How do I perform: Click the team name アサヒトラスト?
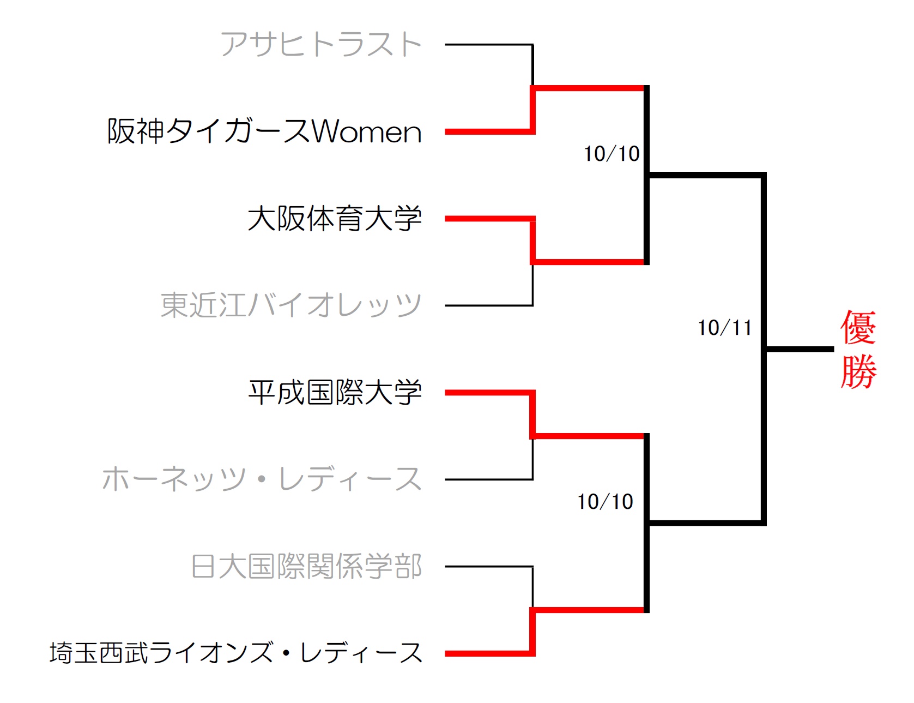[x=321, y=44]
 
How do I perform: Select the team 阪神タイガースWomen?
[x=264, y=131]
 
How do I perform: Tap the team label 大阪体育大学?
[x=335, y=218]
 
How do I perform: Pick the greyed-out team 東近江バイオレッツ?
[x=291, y=305]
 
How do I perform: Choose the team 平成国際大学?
[x=335, y=392]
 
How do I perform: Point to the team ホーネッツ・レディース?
[x=262, y=479]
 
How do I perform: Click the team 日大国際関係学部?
[x=306, y=566]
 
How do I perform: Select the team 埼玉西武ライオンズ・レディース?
[x=236, y=653]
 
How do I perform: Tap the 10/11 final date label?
[x=725, y=328]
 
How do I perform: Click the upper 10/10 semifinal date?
[x=612, y=154]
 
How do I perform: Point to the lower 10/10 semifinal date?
[x=605, y=502]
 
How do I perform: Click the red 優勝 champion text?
[x=858, y=349]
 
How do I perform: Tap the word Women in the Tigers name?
[x=367, y=131]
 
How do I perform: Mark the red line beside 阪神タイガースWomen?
[x=488, y=131]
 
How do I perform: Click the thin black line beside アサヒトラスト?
[x=488, y=44]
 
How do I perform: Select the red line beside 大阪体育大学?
[x=488, y=219]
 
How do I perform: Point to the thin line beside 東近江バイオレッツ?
[x=488, y=305]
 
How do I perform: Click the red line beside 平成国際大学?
[x=488, y=393]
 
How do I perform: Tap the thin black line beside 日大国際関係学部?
[x=488, y=567]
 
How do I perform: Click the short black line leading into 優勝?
[x=800, y=349]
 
